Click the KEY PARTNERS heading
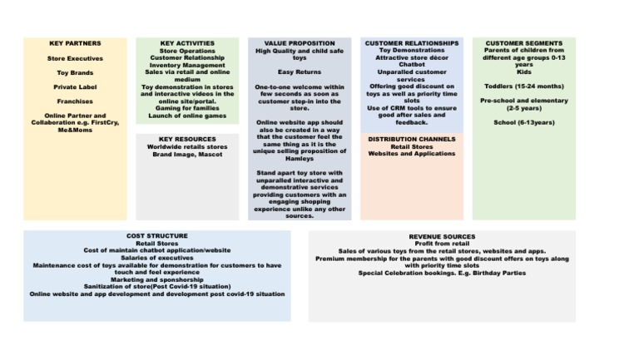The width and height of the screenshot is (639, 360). click(75, 43)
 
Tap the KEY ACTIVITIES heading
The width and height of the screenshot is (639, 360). click(187, 43)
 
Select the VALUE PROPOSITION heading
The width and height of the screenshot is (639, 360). click(300, 43)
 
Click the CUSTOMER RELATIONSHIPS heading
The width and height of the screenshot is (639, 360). click(411, 43)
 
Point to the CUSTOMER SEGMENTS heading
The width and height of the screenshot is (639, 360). click(523, 43)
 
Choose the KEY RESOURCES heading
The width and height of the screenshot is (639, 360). click(187, 139)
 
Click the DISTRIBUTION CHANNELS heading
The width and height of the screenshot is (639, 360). click(411, 139)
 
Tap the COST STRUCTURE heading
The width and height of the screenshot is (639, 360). click(157, 236)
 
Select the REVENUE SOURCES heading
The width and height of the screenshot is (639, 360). click(442, 236)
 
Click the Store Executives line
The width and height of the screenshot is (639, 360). click(75, 58)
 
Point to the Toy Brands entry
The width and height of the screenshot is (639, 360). click(75, 72)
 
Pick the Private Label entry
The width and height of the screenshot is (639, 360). click(75, 86)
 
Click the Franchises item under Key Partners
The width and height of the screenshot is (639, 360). click(75, 101)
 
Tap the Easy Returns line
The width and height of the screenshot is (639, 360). click(300, 72)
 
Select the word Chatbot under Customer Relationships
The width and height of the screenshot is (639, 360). click(411, 65)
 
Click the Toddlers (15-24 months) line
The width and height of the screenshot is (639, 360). click(523, 86)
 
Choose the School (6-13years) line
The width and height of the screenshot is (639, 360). click(523, 122)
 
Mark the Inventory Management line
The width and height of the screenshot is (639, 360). click(187, 65)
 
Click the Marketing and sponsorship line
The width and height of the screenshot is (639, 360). click(157, 279)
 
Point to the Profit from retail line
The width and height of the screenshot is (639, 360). click(442, 244)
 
